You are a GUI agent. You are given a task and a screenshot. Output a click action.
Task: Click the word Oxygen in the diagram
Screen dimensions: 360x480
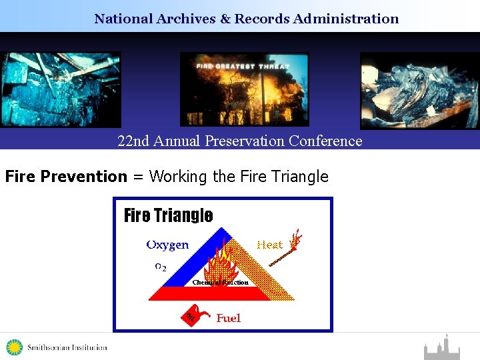[167, 245]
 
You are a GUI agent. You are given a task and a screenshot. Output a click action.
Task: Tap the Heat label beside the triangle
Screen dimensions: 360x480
[270, 245]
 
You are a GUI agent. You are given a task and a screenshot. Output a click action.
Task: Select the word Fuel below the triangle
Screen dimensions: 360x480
[229, 318]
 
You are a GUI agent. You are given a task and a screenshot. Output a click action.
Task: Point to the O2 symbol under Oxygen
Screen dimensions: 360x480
[161, 267]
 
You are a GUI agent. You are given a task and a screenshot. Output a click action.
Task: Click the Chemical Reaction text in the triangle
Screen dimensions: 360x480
[220, 282]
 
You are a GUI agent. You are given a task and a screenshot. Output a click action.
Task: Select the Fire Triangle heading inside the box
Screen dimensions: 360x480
[169, 215]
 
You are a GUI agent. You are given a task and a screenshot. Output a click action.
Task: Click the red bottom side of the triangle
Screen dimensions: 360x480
[200, 293]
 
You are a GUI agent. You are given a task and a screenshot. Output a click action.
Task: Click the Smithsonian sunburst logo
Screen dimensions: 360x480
[14, 347]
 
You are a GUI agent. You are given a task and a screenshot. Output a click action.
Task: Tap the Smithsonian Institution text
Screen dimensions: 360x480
[67, 347]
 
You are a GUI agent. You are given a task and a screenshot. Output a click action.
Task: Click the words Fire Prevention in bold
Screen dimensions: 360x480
[66, 177]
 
